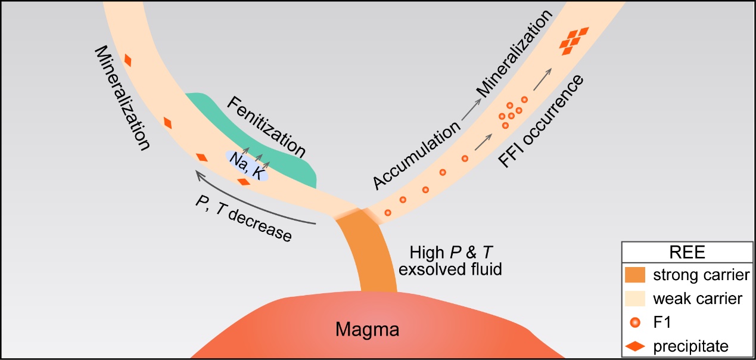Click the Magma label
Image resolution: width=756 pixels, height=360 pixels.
click(365, 328)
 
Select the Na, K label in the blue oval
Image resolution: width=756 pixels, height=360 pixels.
click(247, 165)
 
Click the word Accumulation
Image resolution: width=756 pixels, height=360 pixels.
click(418, 156)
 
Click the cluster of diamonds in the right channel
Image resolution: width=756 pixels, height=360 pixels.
click(572, 41)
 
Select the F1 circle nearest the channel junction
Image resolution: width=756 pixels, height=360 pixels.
click(388, 212)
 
